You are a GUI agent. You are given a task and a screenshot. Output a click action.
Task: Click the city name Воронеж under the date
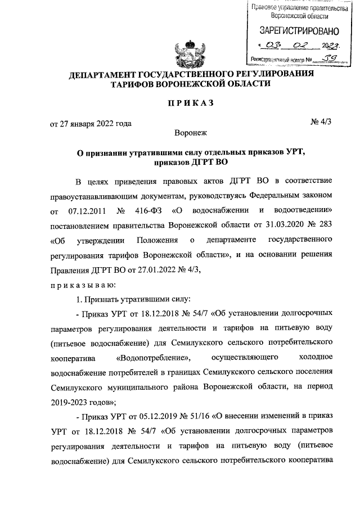pyautogui.click(x=191, y=133)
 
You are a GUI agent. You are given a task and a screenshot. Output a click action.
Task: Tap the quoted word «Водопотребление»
pyautogui.click(x=153, y=357)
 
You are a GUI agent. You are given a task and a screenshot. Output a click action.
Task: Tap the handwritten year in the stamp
pyautogui.click(x=331, y=44)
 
